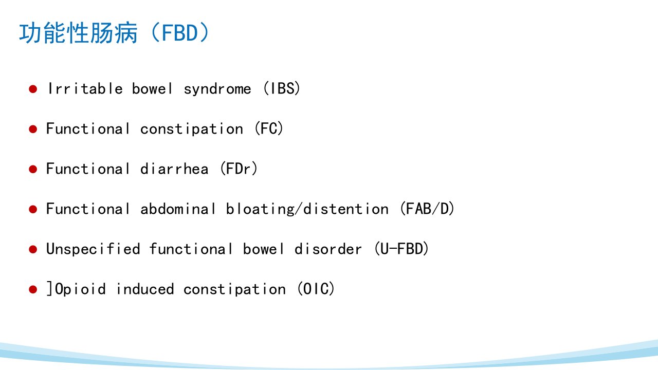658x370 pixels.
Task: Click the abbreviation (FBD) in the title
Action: [x=180, y=32]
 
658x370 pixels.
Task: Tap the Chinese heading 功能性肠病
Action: [x=79, y=33]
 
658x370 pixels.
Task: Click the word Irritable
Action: [x=85, y=88]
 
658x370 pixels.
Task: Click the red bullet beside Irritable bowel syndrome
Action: [x=33, y=89]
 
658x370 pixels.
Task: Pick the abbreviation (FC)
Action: [x=269, y=128]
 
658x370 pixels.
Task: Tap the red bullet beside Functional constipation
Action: [x=33, y=129]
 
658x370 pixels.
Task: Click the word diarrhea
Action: [x=174, y=169]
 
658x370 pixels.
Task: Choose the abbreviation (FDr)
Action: [x=239, y=169]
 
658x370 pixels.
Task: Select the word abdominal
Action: [x=178, y=209]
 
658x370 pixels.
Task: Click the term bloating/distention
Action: [x=307, y=209]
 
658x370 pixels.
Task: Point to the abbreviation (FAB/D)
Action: [x=427, y=209]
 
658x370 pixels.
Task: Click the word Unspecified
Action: [x=93, y=249]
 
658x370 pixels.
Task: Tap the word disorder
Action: [x=328, y=249]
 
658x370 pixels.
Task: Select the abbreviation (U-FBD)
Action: [x=402, y=249]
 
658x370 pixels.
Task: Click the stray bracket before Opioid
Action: [x=50, y=289]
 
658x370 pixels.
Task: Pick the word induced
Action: [x=145, y=289]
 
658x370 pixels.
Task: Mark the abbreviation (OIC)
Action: [x=316, y=289]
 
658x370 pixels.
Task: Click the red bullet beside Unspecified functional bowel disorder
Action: [x=33, y=249]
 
